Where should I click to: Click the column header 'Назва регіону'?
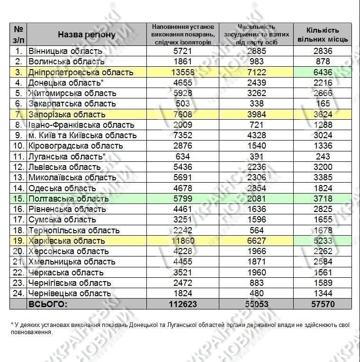[x=86, y=35]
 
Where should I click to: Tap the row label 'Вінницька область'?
[x=65, y=51]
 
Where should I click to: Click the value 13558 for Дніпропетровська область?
[x=182, y=72]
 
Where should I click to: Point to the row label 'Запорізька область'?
[x=67, y=115]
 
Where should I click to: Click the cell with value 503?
[x=182, y=104]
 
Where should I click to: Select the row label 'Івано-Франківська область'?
[x=81, y=125]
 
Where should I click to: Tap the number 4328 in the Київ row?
[x=256, y=135]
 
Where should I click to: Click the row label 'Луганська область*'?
[x=67, y=156]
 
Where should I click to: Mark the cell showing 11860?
[x=182, y=241]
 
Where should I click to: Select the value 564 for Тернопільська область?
[x=256, y=230]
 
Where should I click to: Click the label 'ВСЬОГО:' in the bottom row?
[x=48, y=304]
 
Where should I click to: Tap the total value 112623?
[x=182, y=304]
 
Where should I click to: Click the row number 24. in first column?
[x=18, y=293]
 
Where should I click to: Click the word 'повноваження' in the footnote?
[x=31, y=332]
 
